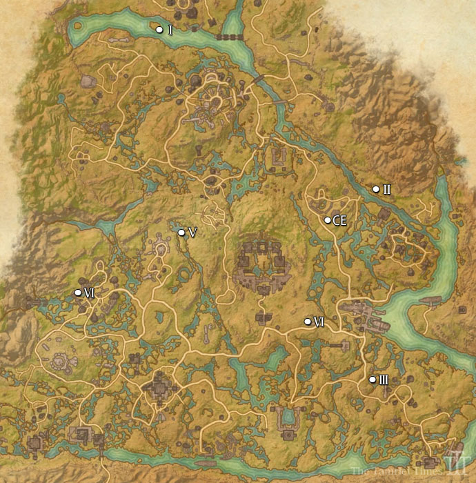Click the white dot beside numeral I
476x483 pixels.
(159, 30)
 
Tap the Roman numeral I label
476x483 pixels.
(170, 30)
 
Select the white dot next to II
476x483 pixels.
(376, 189)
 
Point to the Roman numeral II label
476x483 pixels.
(387, 190)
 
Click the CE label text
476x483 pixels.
(339, 221)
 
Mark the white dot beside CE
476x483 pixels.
(328, 220)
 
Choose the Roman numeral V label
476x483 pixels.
(192, 233)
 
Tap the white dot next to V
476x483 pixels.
(181, 233)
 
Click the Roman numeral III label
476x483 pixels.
(384, 380)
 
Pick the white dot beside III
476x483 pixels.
(373, 379)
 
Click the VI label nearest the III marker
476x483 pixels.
(319, 322)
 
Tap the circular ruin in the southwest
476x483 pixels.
(60, 362)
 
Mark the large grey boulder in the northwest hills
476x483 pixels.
(88, 81)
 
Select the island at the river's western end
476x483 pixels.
(77, 27)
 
